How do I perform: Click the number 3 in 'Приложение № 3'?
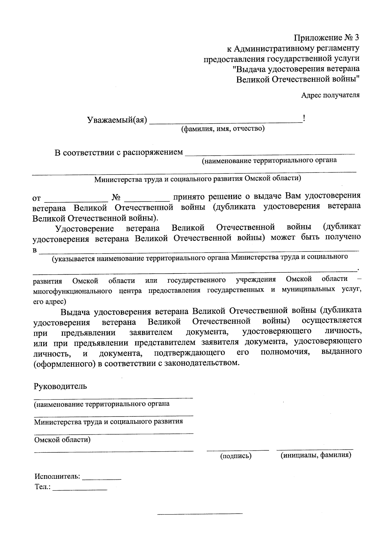(357, 38)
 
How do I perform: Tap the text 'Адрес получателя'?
(330, 95)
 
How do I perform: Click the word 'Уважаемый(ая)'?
(117, 120)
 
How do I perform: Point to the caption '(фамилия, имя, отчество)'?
(223, 129)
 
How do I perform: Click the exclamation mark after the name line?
(304, 119)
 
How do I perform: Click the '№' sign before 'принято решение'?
(116, 197)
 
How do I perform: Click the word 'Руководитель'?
(60, 386)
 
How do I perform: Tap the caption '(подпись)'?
(236, 456)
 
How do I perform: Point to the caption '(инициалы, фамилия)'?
(316, 455)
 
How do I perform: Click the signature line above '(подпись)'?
(237, 450)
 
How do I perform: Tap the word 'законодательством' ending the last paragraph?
(201, 363)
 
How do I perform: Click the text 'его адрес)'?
(50, 301)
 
